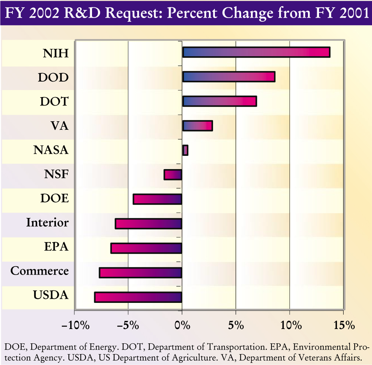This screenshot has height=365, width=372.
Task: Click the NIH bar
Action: pos(256,52)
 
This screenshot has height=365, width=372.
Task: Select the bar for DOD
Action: pos(228,77)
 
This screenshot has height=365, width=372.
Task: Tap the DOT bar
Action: pos(219,101)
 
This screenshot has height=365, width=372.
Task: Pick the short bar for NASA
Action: pos(185,150)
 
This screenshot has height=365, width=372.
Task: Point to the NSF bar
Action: pos(173,175)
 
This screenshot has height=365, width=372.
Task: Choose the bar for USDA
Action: pos(138,297)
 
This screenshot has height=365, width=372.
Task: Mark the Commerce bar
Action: pos(141,273)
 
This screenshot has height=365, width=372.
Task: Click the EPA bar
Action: pos(146,248)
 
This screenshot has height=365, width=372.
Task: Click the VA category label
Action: pos(60,126)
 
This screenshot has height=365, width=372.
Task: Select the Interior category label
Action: pos(47,223)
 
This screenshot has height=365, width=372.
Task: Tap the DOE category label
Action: pos(54,198)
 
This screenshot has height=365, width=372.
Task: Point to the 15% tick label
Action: pos(344,325)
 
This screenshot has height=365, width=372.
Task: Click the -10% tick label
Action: pos(75,325)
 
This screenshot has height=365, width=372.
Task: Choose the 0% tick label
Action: pos(182,325)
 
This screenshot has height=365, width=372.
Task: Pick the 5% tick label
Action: pos(235,325)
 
